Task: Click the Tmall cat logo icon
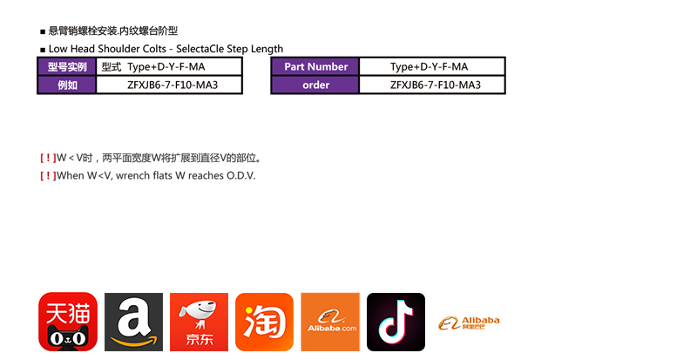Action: point(68,322)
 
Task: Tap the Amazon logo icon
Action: point(133,322)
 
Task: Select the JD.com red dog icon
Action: point(199,322)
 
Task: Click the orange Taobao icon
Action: point(264,322)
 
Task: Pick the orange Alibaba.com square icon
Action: point(330,322)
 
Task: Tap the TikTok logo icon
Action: point(396,322)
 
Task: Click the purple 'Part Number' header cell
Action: point(315,67)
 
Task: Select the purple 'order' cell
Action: point(315,85)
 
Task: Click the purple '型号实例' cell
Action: point(66,67)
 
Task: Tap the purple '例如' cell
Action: point(66,85)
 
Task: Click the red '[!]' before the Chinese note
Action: point(47,158)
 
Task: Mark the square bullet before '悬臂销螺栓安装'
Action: point(43,31)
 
